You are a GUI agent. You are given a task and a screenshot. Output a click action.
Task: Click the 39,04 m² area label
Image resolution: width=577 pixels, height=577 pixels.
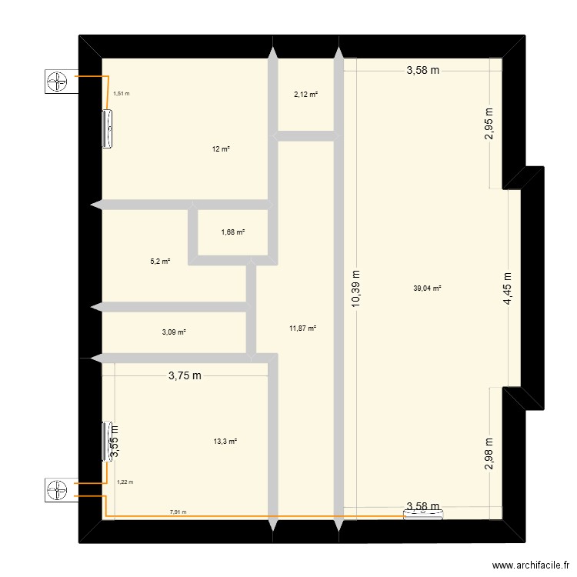pos(427,288)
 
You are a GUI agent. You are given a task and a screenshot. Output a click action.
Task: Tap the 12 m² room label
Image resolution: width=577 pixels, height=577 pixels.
pos(221,149)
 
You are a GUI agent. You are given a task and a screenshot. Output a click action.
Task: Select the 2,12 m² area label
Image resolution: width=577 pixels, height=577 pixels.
pos(305,95)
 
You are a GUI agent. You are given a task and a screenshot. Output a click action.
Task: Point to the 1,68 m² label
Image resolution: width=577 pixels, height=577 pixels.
pos(233,232)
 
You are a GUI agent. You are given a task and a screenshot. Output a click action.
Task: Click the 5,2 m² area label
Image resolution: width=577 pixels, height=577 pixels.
pos(160,262)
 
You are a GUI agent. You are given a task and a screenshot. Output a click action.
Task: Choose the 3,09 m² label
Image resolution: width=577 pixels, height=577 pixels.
pos(174,332)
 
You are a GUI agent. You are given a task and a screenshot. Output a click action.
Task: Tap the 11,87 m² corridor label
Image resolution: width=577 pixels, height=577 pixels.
pos(303,329)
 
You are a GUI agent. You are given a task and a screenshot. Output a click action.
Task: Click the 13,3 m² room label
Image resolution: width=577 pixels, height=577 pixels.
pos(225,442)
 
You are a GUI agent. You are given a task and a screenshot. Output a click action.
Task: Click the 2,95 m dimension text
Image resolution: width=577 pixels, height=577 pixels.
pos(489,125)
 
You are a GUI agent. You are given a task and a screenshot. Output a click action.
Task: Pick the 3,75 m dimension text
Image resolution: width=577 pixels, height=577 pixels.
pos(185,376)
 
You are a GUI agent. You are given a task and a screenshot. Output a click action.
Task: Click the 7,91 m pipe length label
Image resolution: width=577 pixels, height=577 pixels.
pos(178,512)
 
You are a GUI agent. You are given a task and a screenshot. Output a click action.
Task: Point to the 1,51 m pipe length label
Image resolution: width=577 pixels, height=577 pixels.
pos(122,94)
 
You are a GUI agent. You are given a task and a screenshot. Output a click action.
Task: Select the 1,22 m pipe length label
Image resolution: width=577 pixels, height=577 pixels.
pos(125,482)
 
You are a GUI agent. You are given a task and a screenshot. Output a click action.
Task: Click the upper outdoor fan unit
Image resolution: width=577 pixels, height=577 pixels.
pos(59,82)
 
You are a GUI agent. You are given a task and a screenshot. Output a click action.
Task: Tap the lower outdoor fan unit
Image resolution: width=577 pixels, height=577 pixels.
pos(59,489)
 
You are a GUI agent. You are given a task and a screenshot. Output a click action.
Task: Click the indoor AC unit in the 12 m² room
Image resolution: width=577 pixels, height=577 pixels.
pos(108,128)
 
